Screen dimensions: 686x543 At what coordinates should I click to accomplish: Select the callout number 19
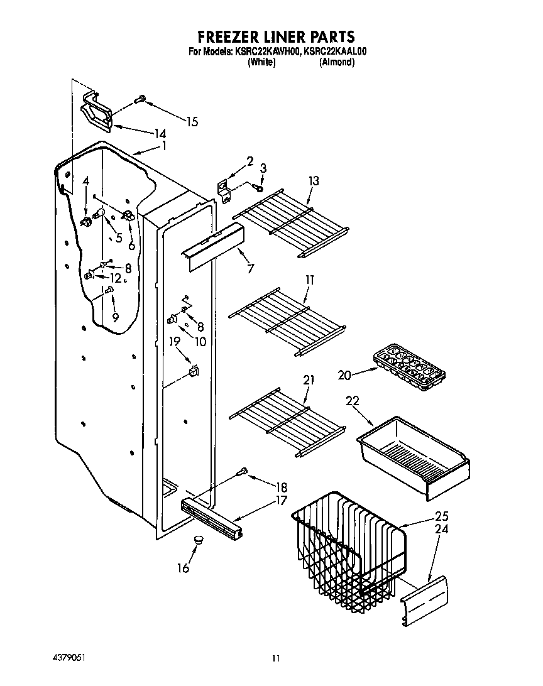click(175, 342)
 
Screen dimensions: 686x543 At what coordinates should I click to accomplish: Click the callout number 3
click(263, 168)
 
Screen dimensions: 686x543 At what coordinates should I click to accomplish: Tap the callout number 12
click(115, 278)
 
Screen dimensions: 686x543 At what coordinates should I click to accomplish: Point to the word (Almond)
click(337, 63)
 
